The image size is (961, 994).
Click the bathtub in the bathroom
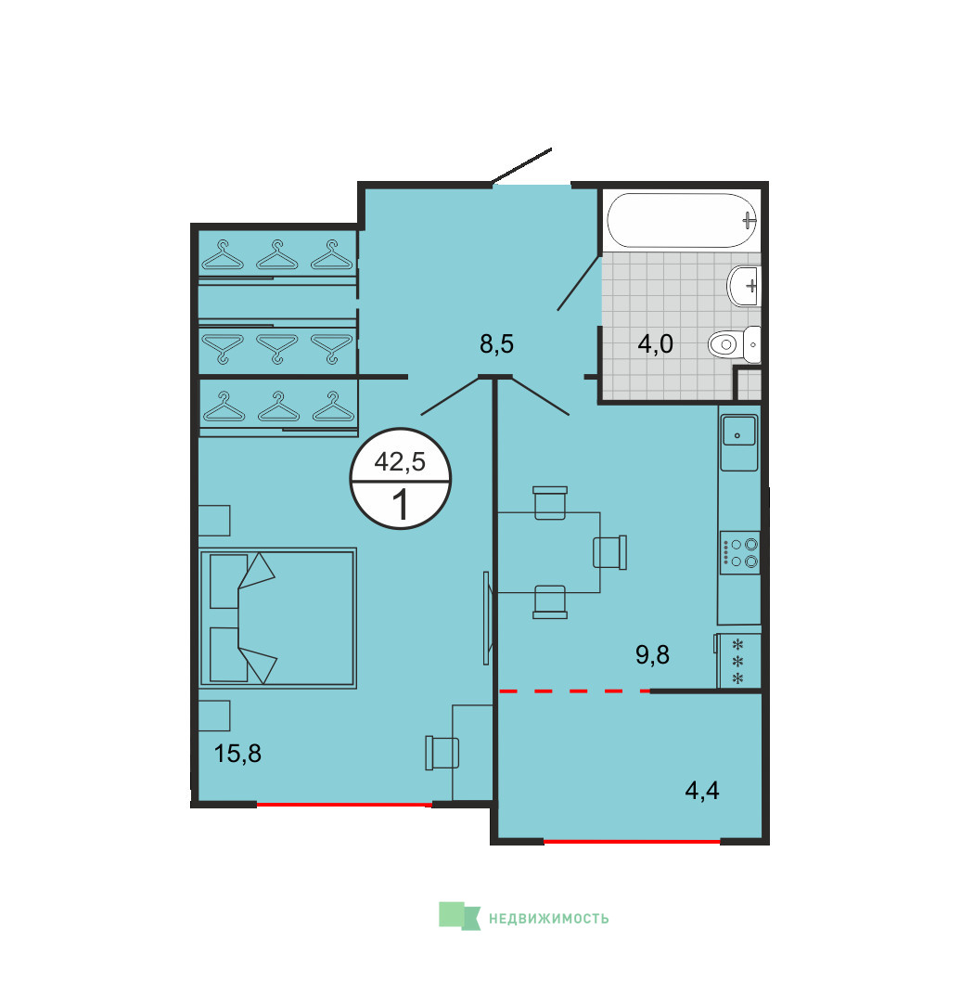click(x=682, y=220)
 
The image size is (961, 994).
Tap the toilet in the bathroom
click(x=735, y=344)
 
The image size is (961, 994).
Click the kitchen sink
click(x=738, y=431)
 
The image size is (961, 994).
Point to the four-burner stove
click(x=739, y=553)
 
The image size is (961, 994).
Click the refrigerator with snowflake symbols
click(x=738, y=661)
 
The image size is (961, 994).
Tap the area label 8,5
click(x=496, y=344)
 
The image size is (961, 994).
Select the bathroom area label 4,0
click(x=655, y=344)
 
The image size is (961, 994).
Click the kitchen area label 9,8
click(x=652, y=655)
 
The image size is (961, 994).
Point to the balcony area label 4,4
click(x=702, y=791)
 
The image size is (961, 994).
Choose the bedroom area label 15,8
click(x=237, y=754)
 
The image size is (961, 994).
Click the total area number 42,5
click(x=401, y=462)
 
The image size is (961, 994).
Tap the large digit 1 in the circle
click(x=401, y=505)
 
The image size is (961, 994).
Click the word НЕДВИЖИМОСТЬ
click(x=548, y=918)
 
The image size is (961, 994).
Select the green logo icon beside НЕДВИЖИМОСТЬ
click(x=459, y=916)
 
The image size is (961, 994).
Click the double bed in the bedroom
click(x=278, y=618)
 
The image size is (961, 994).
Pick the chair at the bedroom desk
click(x=442, y=753)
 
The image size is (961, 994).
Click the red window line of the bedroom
click(x=344, y=805)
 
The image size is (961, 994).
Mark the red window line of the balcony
click(x=632, y=842)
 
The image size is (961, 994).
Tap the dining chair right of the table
click(x=610, y=552)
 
